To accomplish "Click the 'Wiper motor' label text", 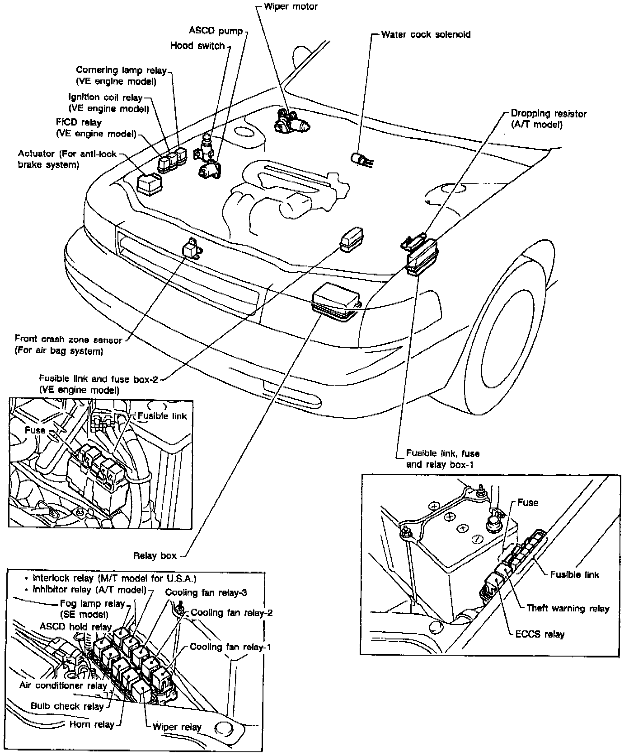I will pyautogui.click(x=291, y=7).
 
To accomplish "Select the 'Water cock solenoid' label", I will pyautogui.click(x=425, y=35).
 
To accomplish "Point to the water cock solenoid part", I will pyautogui.click(x=361, y=159).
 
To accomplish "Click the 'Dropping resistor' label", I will pyautogui.click(x=548, y=114).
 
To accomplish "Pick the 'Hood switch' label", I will pyautogui.click(x=197, y=46).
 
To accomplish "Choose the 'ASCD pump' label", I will pyautogui.click(x=216, y=31).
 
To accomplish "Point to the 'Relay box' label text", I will pyautogui.click(x=155, y=556).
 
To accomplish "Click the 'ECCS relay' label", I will pyautogui.click(x=540, y=634).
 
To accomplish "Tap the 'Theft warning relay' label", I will pyautogui.click(x=568, y=608).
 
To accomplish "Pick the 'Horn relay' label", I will pyautogui.click(x=92, y=724).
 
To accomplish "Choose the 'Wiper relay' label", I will pyautogui.click(x=177, y=727).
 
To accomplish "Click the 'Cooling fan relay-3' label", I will pyautogui.click(x=206, y=592).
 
